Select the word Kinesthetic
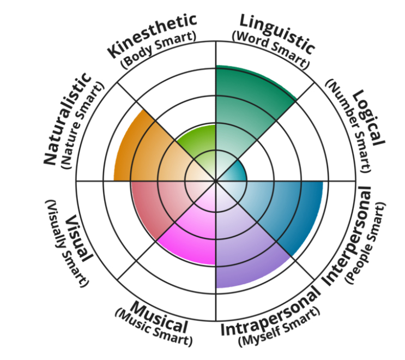point(152,35)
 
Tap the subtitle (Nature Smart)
point(85,125)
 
